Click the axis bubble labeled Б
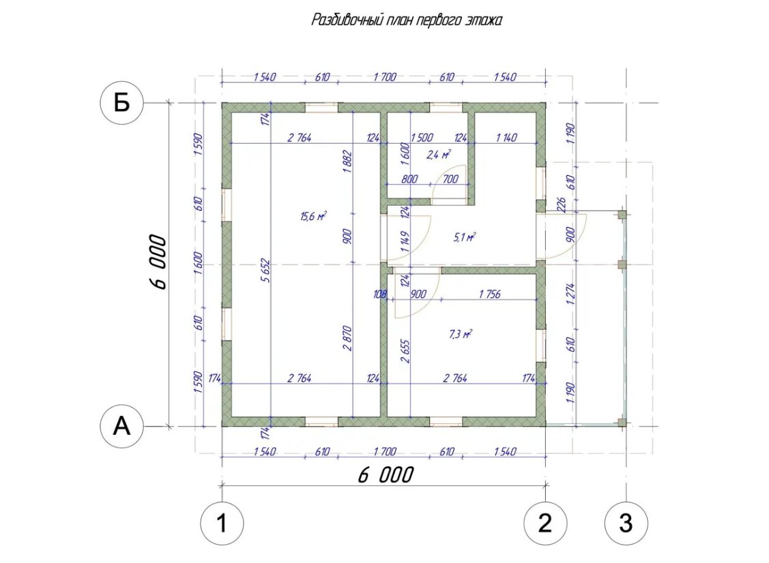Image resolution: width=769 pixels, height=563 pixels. [121, 103]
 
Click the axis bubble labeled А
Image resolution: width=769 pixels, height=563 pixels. [121, 426]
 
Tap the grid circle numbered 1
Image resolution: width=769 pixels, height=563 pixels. [222, 523]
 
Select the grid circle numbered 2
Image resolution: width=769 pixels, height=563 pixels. [545, 523]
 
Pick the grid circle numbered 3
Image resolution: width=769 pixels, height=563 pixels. [626, 523]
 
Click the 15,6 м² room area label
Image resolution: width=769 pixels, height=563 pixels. [314, 216]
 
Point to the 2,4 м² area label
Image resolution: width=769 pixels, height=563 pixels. [439, 155]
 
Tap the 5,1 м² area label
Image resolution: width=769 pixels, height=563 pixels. [465, 238]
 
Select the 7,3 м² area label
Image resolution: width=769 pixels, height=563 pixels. [461, 334]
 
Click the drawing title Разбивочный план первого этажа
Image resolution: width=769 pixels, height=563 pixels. [407, 20]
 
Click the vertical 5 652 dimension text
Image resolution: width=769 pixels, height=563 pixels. [265, 270]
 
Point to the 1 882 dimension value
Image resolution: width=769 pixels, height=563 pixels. [347, 162]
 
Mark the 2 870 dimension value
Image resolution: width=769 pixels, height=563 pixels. [347, 338]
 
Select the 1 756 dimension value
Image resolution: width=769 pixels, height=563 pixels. [490, 294]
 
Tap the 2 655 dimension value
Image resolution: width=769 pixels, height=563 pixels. [405, 351]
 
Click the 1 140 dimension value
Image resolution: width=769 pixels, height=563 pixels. [506, 138]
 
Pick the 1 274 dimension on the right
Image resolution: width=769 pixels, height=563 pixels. [570, 294]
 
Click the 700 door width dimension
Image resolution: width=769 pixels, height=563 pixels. [450, 179]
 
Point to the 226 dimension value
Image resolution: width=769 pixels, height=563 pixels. [562, 204]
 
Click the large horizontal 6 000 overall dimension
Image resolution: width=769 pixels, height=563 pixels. [386, 475]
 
